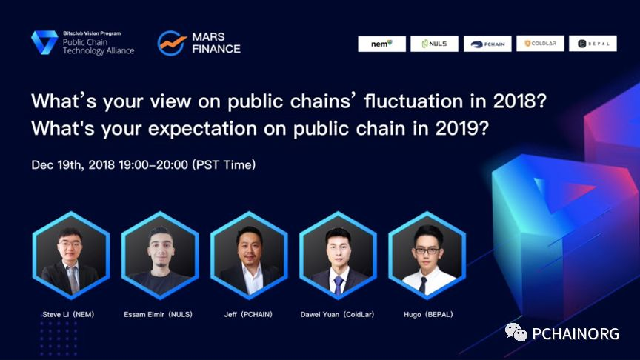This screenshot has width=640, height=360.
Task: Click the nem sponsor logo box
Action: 381,44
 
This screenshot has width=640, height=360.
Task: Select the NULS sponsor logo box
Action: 434,44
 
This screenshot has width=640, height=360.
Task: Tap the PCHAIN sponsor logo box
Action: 487,44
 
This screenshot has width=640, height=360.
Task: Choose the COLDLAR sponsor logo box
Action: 540,44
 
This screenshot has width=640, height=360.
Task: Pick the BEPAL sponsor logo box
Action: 593,44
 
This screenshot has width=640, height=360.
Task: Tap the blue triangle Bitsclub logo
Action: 44,42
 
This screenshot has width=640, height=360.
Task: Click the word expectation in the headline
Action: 202,130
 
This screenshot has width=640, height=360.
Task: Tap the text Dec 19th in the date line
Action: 57,165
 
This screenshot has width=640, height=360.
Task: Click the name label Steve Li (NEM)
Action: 68,314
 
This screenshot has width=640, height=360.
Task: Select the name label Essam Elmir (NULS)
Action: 158,314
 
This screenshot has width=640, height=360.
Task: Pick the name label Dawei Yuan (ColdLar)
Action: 337,314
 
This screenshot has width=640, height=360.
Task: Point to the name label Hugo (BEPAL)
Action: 428,314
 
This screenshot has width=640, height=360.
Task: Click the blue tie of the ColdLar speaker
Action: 339,284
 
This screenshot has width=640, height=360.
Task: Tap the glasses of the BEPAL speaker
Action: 427,250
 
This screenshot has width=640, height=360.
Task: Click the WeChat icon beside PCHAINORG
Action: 516,333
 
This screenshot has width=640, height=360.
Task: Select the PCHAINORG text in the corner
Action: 576,334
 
